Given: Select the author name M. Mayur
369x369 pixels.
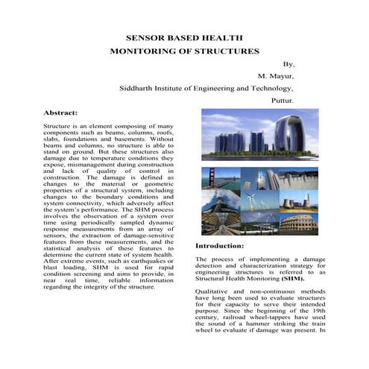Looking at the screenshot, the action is coord(277,76).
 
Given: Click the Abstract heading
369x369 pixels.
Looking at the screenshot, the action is coord(60,113).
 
